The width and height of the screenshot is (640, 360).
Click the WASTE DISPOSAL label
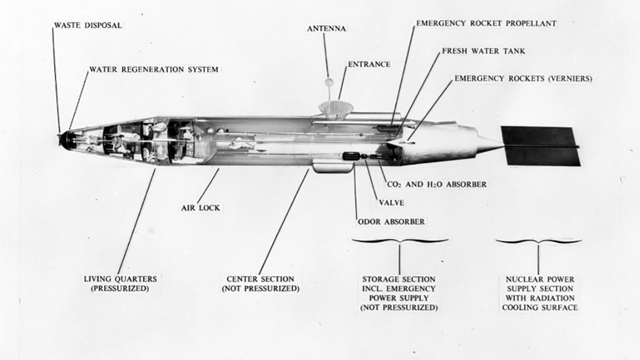click(x=87, y=25)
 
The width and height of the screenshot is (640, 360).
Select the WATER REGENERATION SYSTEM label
click(x=154, y=69)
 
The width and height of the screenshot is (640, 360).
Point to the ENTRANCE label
click(x=369, y=64)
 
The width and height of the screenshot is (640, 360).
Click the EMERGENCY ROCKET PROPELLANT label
click(x=486, y=23)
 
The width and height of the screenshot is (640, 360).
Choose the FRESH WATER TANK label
click(x=483, y=51)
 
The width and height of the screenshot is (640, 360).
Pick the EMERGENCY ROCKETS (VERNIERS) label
click(x=523, y=78)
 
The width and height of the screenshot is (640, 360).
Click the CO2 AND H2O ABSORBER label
click(x=436, y=184)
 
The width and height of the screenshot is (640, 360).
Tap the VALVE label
click(x=394, y=202)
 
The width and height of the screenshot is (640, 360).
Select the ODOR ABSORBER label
click(x=391, y=221)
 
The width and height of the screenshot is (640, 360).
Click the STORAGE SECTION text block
click(x=399, y=293)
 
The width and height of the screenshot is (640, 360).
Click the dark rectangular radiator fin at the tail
click(x=539, y=146)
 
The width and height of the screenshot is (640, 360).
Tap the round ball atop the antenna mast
click(x=330, y=82)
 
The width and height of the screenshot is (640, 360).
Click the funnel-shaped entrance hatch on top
click(x=336, y=109)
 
